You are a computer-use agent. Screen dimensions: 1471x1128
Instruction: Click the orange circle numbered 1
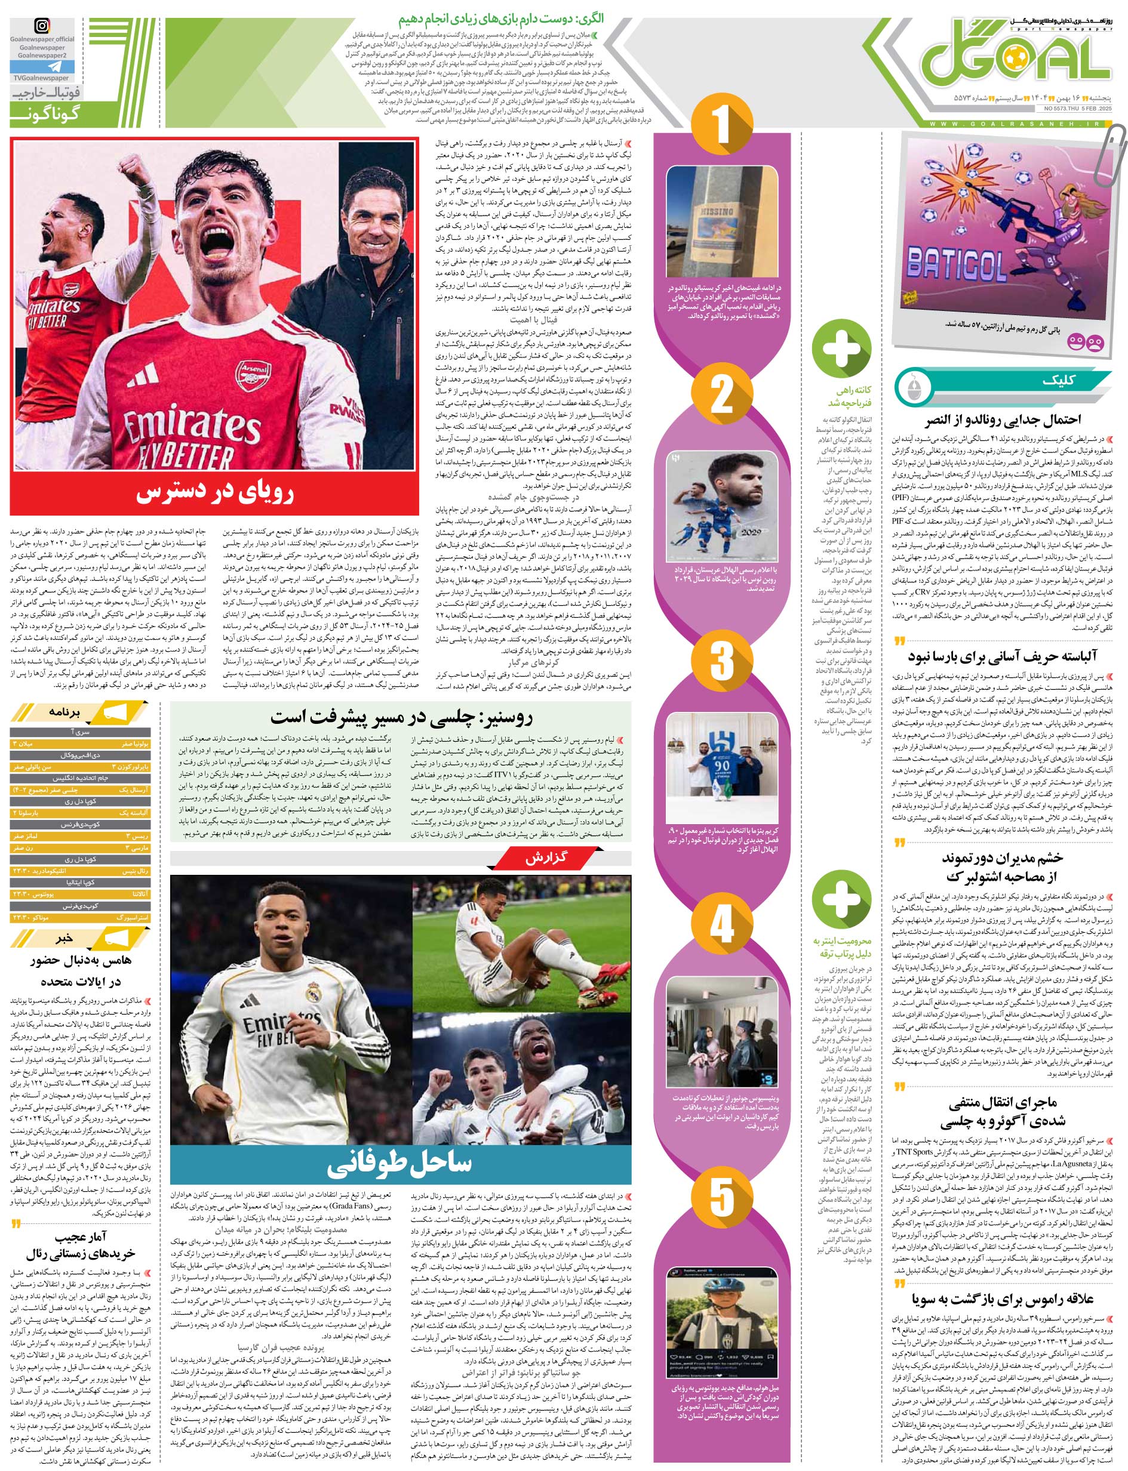tap(721, 125)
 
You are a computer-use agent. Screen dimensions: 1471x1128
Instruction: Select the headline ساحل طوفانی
tap(400, 1163)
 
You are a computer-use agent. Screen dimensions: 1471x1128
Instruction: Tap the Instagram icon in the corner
tap(42, 27)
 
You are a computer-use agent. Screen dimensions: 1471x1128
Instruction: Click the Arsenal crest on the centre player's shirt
tap(248, 371)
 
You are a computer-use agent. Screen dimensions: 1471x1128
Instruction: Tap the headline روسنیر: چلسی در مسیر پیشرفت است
tap(401, 717)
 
